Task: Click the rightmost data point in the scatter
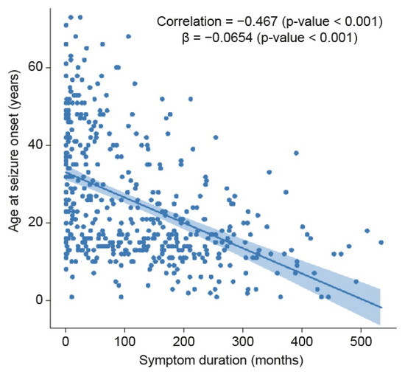tap(381, 242)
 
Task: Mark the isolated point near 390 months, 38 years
tap(296, 153)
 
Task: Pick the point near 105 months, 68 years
tap(128, 36)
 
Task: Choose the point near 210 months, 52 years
tap(190, 98)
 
